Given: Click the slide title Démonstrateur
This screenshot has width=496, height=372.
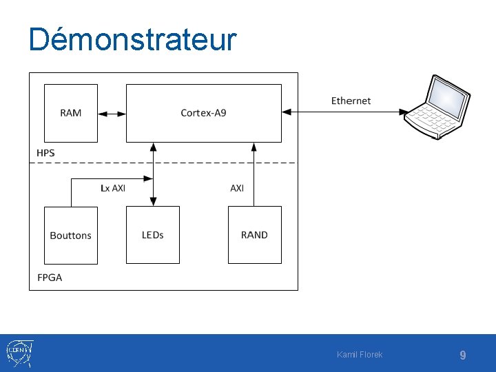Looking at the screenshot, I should tap(132, 40).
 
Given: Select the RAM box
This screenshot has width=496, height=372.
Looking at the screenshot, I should tap(71, 113).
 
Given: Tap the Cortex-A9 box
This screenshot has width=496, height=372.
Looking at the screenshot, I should tap(203, 113).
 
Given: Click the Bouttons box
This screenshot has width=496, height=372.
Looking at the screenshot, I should tap(71, 235).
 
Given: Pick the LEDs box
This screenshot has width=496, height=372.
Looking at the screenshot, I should tap(152, 235).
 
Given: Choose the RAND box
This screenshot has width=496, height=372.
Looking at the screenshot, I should tap(254, 235).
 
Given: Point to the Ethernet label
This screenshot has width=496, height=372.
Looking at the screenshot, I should tap(351, 101).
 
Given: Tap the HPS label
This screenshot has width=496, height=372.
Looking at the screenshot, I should tap(46, 152).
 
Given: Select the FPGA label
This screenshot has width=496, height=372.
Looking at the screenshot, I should tap(50, 278).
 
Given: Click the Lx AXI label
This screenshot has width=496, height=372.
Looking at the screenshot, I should tap(113, 187).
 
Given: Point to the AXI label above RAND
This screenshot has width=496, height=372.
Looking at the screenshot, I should tap(237, 187).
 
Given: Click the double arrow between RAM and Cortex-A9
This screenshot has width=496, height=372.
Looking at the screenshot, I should tap(112, 113).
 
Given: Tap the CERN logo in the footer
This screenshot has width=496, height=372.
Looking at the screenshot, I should tap(18, 353).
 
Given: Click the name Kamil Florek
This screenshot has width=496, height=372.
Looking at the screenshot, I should tap(360, 355).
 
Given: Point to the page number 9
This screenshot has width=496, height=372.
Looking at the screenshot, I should tap(463, 355).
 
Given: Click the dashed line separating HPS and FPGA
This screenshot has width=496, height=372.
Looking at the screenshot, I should tap(207, 163).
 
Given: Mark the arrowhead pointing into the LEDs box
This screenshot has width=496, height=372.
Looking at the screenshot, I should tap(153, 202).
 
